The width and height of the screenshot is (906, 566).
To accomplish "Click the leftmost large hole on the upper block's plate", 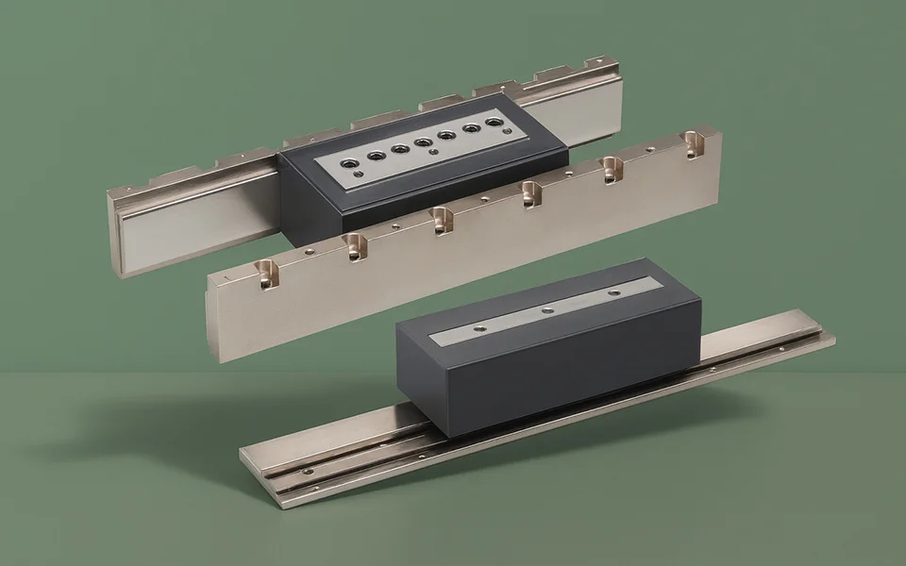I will [x=352, y=162].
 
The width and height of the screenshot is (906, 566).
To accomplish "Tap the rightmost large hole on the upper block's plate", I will [x=494, y=123].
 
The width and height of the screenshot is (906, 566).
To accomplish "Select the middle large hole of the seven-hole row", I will [x=424, y=142].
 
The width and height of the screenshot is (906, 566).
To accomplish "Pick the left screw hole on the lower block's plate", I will [x=478, y=327].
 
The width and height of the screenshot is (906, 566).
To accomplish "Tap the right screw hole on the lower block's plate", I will [x=614, y=292].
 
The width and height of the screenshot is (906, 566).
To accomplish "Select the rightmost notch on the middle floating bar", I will [x=696, y=144].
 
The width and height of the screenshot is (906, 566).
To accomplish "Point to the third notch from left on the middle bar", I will [x=441, y=221].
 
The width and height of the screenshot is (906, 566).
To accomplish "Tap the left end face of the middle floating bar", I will [x=212, y=321].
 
